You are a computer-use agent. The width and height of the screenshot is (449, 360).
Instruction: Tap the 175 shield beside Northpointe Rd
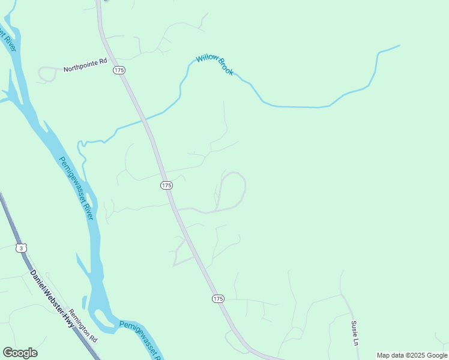(119, 70)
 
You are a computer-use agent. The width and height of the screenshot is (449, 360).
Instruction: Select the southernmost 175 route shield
(218, 298)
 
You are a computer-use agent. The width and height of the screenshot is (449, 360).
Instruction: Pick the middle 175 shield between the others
(167, 185)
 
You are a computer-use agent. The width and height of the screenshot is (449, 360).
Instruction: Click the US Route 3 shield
(22, 248)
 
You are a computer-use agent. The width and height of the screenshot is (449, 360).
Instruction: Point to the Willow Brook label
(215, 65)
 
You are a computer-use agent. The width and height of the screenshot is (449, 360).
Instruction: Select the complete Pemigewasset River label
(77, 187)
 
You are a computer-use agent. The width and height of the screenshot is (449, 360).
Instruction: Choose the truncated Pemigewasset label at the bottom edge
(140, 339)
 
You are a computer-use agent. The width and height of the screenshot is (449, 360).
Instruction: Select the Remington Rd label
(83, 325)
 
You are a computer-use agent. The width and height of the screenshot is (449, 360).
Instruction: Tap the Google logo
(20, 353)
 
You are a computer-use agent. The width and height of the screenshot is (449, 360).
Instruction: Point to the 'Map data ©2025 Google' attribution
(412, 355)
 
